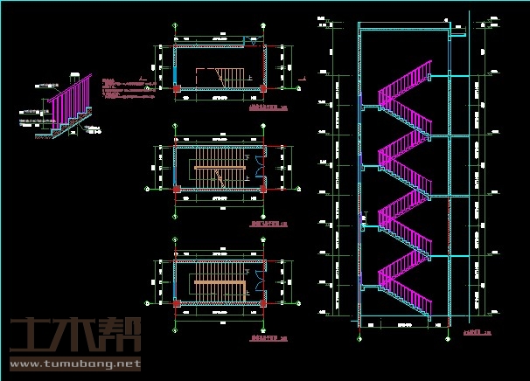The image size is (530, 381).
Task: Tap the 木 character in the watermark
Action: [x=79, y=335]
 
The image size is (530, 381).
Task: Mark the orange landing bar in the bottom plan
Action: [x=219, y=283]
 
